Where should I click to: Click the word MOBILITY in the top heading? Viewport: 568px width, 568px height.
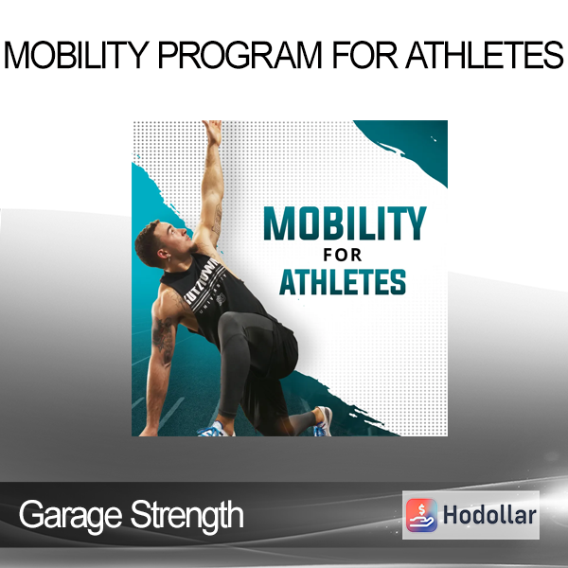(x=77, y=55)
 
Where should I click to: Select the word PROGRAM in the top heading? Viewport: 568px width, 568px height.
(x=240, y=55)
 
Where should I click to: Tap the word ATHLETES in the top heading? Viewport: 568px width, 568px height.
(x=485, y=55)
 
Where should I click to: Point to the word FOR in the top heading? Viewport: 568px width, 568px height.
(x=364, y=55)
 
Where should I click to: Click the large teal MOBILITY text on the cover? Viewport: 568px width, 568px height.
(x=345, y=223)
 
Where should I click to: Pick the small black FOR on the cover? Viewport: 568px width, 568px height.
(x=343, y=255)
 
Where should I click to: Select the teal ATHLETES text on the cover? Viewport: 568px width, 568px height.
(x=343, y=282)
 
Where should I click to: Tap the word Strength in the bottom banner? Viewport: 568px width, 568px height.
(x=186, y=514)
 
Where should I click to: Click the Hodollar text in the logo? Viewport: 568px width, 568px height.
(x=489, y=515)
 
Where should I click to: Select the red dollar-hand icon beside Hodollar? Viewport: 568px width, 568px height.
(x=421, y=515)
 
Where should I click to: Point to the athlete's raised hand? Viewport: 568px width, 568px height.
(x=213, y=132)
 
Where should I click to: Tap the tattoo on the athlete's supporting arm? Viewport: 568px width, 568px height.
(x=164, y=340)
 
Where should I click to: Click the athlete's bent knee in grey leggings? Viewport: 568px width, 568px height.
(x=231, y=325)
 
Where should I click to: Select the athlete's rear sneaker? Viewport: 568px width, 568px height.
(x=323, y=421)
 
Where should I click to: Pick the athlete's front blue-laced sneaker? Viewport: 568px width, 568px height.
(x=215, y=430)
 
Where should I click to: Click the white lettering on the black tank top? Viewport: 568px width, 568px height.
(x=206, y=286)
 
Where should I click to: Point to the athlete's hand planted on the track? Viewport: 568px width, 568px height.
(x=149, y=431)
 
